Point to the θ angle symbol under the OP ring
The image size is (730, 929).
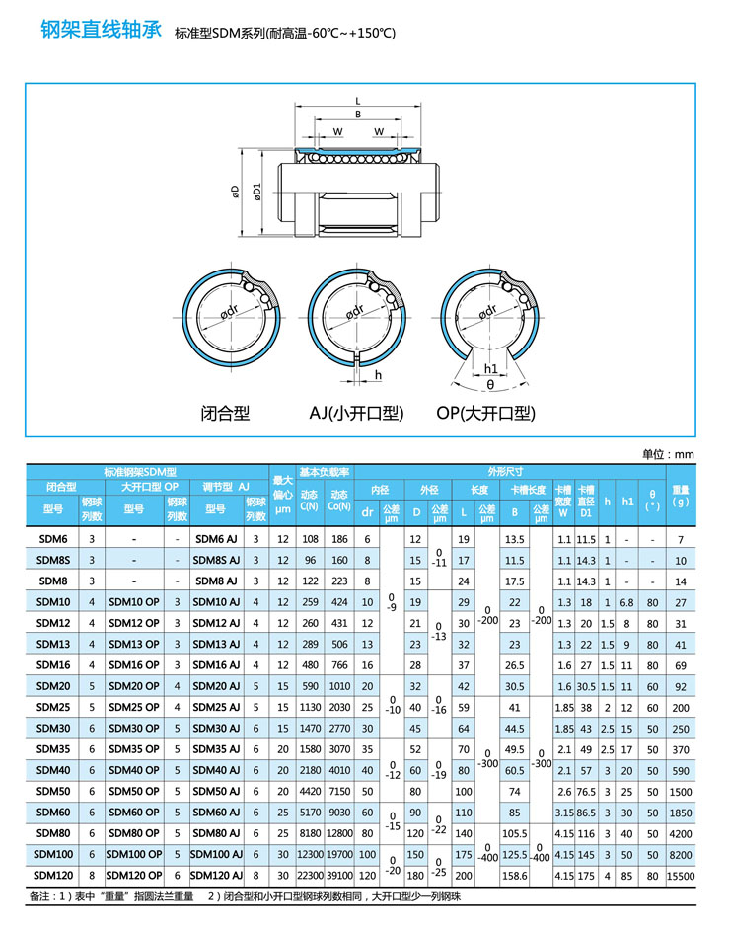(x=490, y=384)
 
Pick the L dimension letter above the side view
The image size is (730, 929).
(x=357, y=101)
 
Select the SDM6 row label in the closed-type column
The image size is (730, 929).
(x=52, y=539)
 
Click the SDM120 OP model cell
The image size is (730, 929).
(x=133, y=874)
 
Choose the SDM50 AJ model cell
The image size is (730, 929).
(x=215, y=791)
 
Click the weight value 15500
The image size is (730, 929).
(x=681, y=875)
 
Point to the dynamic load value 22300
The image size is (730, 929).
(x=310, y=875)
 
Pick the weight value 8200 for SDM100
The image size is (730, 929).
(x=681, y=853)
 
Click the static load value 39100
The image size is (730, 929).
(x=340, y=875)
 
